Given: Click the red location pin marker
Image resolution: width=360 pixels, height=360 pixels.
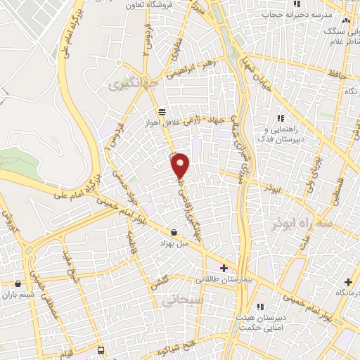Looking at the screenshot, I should tap(181, 165).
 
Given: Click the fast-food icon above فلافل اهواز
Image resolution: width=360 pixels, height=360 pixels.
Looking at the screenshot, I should tap(162, 111).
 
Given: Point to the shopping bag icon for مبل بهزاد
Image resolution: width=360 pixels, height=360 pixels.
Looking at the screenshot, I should tap(174, 233).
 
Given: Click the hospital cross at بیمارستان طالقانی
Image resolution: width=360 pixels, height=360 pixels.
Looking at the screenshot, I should tap(224, 268).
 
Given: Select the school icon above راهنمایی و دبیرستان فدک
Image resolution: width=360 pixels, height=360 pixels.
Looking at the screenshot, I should tap(281, 119).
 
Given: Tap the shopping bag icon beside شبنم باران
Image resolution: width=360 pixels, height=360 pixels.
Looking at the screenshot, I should tap(18, 284).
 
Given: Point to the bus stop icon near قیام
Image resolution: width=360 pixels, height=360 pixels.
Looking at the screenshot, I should tap(101, 349).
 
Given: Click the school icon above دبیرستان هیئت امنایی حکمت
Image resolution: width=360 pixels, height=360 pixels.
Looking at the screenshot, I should tap(259, 307).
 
